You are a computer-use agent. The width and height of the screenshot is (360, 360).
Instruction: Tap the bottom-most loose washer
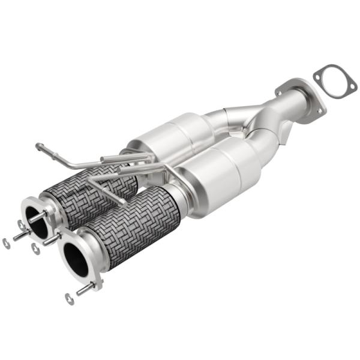point(70,299)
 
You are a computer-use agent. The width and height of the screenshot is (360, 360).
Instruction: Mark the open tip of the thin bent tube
point(38,145)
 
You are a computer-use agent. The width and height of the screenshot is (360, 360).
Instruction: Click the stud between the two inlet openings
point(50,239)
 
